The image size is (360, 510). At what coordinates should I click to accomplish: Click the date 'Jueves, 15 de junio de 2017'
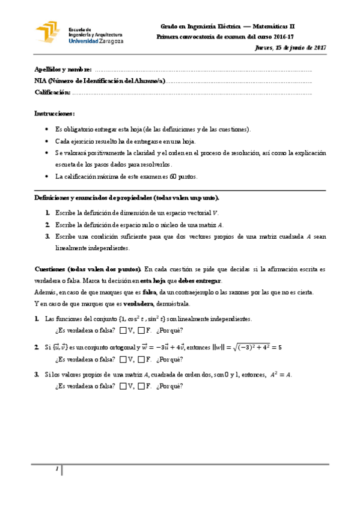pos(291,47)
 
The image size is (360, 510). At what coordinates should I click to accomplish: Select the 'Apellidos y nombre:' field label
pos(63,69)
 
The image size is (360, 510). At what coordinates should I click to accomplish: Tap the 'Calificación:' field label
pos(53,92)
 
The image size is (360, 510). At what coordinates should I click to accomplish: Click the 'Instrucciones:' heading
pos(55,113)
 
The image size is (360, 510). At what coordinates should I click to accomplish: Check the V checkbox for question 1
pos(123,330)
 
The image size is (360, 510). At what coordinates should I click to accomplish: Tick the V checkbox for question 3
pos(123,386)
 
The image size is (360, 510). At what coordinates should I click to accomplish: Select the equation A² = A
pos(281,374)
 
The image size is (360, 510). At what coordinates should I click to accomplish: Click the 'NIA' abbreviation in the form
pos(41,81)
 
